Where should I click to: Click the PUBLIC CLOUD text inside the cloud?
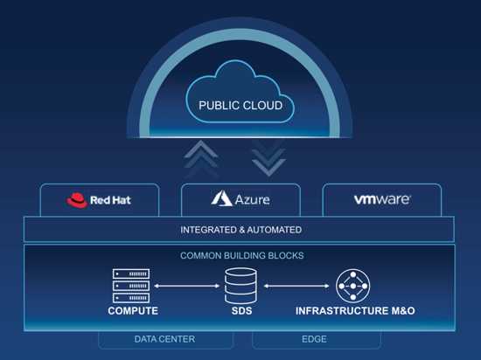click(x=240, y=106)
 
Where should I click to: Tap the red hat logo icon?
click(x=77, y=200)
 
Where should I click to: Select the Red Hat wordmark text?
click(x=110, y=200)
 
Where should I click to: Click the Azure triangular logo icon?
click(x=221, y=198)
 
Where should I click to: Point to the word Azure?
click(x=252, y=200)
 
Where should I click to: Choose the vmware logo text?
click(x=382, y=199)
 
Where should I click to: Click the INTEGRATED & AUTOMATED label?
click(x=240, y=230)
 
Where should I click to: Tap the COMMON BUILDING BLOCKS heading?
click(x=241, y=255)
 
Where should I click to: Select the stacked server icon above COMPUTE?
click(x=131, y=286)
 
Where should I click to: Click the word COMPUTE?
click(x=133, y=311)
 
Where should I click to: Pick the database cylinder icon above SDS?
click(x=240, y=286)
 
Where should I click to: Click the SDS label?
click(x=241, y=311)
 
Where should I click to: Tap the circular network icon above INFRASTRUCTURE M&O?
click(x=352, y=286)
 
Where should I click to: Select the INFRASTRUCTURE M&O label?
click(x=355, y=311)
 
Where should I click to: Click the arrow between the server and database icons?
click(x=187, y=286)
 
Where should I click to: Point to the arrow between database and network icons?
click(x=296, y=286)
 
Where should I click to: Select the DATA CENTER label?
click(x=164, y=339)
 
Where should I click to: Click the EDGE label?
click(x=314, y=339)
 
